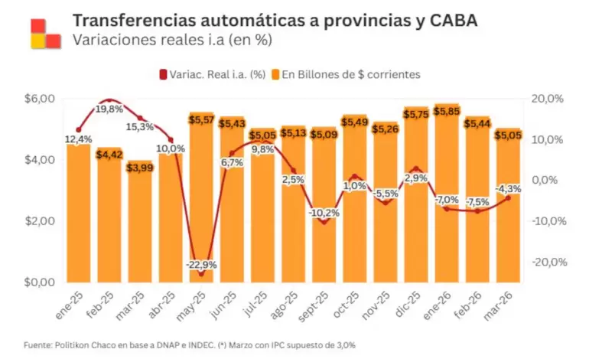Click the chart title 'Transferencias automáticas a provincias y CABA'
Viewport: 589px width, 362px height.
tap(275, 21)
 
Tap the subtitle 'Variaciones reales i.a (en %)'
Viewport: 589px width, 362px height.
tap(171, 41)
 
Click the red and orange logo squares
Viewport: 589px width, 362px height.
tap(45, 32)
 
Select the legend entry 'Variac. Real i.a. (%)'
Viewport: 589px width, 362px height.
tap(212, 74)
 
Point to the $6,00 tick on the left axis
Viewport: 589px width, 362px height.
tap(40, 99)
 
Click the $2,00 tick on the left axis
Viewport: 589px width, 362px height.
tap(40, 221)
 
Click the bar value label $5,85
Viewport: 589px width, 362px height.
tap(447, 111)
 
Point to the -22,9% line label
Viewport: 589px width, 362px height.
tap(201, 264)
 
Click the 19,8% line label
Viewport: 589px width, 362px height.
tap(109, 109)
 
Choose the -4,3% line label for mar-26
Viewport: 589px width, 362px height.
tap(507, 188)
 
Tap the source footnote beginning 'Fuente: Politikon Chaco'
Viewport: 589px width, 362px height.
tap(190, 345)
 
